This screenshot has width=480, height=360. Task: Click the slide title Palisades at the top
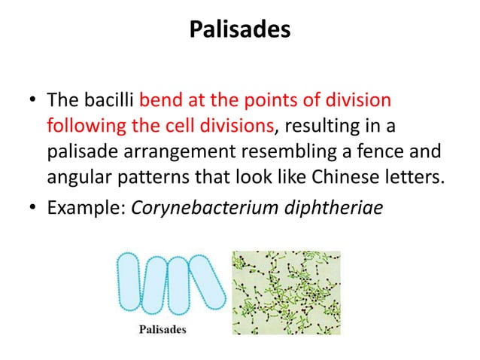point(239,30)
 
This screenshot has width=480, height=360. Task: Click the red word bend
point(157,99)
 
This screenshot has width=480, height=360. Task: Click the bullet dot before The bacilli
point(30,100)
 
